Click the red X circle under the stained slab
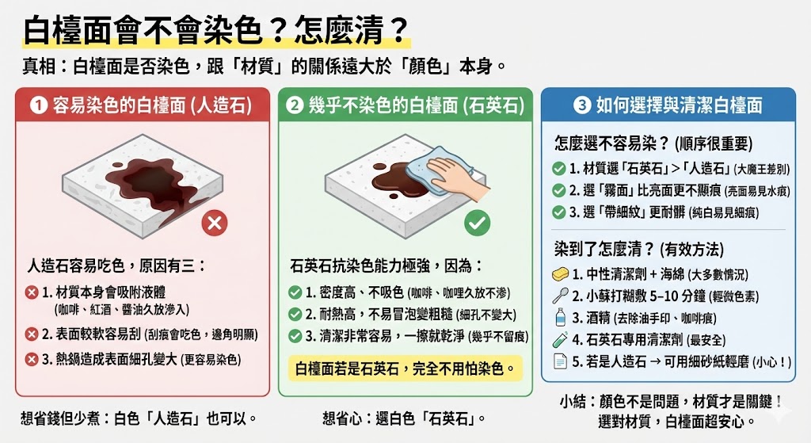(x=214, y=223)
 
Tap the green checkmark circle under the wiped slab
(x=476, y=223)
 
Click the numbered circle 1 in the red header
(x=37, y=105)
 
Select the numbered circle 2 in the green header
(x=295, y=105)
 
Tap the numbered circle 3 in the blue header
(x=582, y=105)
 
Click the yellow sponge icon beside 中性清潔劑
(x=561, y=274)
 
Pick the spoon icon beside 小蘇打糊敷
(x=560, y=296)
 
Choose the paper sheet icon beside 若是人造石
(x=560, y=362)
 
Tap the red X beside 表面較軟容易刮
(x=32, y=334)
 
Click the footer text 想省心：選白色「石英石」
(x=403, y=417)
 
